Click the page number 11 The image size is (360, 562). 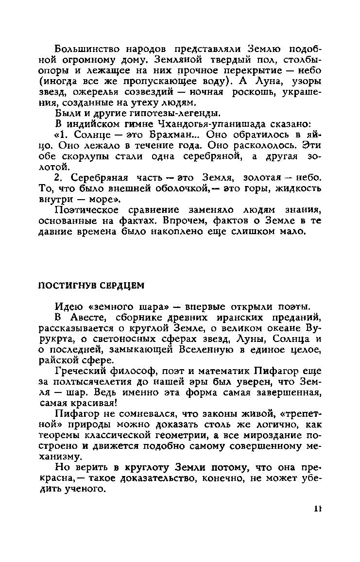point(318,508)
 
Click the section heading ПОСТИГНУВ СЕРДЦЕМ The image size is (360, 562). point(91,286)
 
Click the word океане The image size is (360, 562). point(288,328)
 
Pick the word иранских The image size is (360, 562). point(248,318)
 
